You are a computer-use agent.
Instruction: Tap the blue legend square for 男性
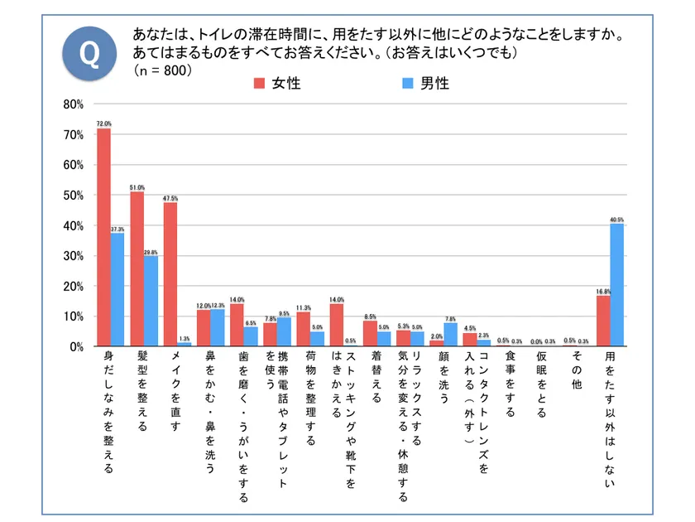[x=407, y=83]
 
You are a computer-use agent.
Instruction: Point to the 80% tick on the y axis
[x=73, y=104]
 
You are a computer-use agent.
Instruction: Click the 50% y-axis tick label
[x=73, y=196]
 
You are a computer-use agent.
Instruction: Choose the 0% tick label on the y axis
[x=75, y=346]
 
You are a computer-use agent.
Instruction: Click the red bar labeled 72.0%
[x=103, y=237]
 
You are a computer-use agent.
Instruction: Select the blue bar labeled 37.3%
[x=117, y=289]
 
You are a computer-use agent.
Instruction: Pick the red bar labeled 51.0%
[x=137, y=268]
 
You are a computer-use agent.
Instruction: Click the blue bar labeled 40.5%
[x=616, y=284]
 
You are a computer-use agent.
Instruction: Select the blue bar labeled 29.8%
[x=150, y=301]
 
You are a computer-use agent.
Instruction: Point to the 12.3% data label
[x=218, y=305]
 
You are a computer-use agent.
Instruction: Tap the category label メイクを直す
[x=175, y=389]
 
